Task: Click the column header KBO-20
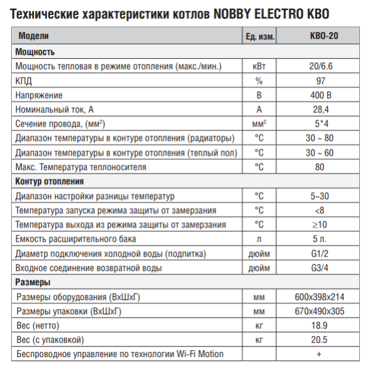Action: [x=320, y=37]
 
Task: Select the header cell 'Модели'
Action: [x=33, y=37]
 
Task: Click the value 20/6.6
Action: [x=320, y=66]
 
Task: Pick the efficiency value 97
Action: [x=320, y=81]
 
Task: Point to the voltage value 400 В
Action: [x=320, y=95]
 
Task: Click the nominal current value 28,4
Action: [x=320, y=110]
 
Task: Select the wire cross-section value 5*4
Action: [x=320, y=124]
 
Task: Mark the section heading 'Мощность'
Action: [x=35, y=52]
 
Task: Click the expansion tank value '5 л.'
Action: [x=320, y=239]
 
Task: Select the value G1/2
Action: [x=320, y=254]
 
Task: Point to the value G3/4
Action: [x=320, y=268]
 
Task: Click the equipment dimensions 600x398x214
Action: [x=320, y=297]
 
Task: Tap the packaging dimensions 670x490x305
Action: [x=320, y=311]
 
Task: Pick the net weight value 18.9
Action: [x=320, y=325]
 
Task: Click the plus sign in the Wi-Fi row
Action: [x=320, y=354]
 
